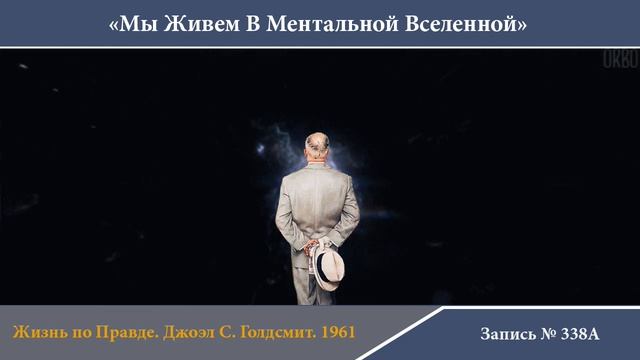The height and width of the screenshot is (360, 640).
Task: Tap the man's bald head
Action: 316,145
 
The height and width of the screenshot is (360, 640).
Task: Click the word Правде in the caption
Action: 133,330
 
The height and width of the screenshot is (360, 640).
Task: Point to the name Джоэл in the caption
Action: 194,330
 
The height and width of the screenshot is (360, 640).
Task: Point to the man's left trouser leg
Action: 303,280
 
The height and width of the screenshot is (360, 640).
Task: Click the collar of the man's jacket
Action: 316,164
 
